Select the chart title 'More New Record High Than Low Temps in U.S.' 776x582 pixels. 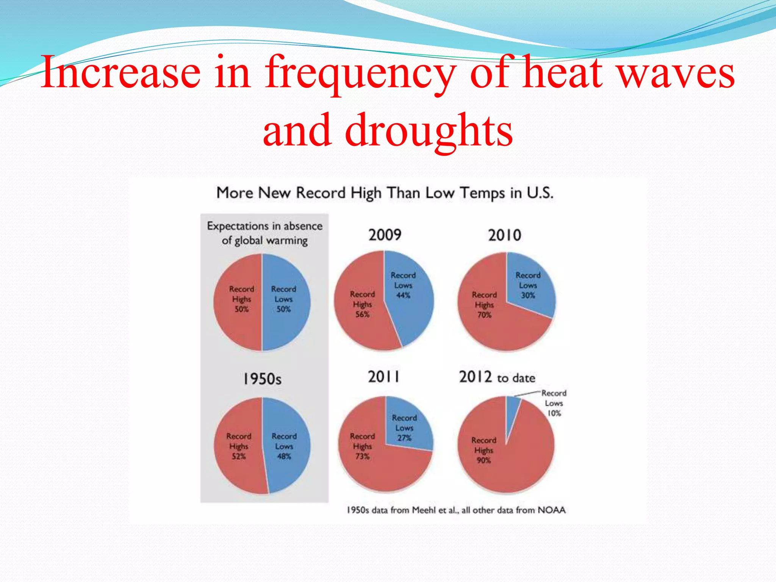coord(385,193)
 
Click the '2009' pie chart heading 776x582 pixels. coord(385,235)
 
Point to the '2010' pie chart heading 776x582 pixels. coord(504,235)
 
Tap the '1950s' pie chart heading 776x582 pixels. coord(262,379)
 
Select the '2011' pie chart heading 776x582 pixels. coord(383,377)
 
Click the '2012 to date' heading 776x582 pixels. coord(497,377)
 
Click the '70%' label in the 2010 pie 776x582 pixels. coord(484,315)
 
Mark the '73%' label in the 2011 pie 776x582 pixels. coord(362,456)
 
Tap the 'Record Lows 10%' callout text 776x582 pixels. coord(554,403)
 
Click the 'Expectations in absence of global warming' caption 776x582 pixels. coord(264,233)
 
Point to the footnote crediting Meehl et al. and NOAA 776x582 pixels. coord(456,510)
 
